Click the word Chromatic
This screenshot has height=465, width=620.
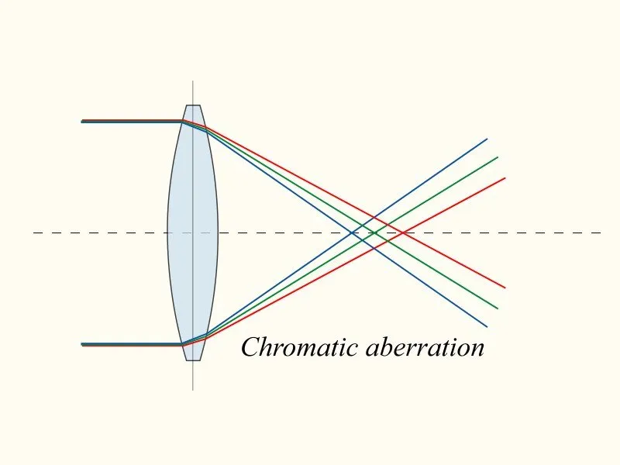click(x=300, y=347)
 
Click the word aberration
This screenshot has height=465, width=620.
click(x=425, y=347)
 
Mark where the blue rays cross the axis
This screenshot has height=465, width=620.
click(x=352, y=233)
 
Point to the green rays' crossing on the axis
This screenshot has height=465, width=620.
click(x=374, y=233)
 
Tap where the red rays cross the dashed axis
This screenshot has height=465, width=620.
click(x=403, y=233)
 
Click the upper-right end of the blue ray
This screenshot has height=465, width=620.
click(x=487, y=139)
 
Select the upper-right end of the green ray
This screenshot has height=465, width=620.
click(x=498, y=157)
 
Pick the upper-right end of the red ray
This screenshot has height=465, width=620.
click(x=505, y=178)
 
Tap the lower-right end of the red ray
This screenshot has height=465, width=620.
click(x=505, y=288)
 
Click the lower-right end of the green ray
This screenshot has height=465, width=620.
click(x=498, y=308)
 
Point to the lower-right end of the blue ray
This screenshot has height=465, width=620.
click(x=487, y=327)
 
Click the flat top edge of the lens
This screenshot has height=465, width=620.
click(x=193, y=105)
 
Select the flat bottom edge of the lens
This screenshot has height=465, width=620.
click(x=193, y=360)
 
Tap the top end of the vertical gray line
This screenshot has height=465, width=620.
click(x=193, y=81)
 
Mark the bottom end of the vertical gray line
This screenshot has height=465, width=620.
click(x=193, y=391)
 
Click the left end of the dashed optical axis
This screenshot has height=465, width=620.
click(x=34, y=233)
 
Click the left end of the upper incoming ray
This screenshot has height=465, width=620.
click(x=82, y=121)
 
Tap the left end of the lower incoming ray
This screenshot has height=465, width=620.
click(x=82, y=344)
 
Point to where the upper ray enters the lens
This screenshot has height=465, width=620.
click(x=182, y=121)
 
